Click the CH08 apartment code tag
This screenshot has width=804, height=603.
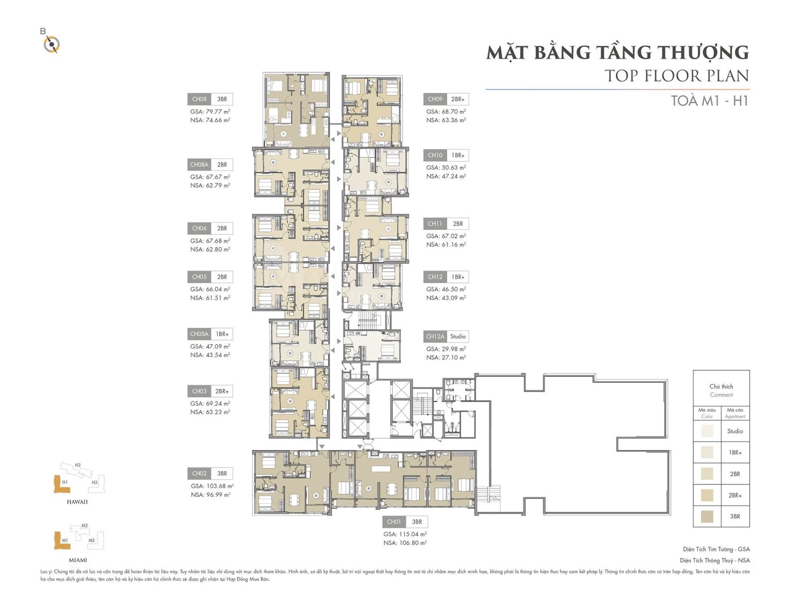coord(199,99)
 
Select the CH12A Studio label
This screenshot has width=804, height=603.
coord(446,337)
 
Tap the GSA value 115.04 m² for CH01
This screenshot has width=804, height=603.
coord(405,534)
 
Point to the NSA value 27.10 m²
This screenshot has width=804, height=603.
coord(446,358)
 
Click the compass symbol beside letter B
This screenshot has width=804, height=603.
coord(51,44)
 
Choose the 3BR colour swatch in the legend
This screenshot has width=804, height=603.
coord(707,517)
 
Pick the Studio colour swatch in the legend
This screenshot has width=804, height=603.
coord(707,431)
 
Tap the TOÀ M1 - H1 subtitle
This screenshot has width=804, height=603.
coord(709,101)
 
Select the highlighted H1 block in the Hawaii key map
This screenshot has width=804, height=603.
coord(62,485)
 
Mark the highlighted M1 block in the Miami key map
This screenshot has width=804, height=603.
coord(62,540)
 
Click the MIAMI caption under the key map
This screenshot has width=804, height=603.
coord(78,560)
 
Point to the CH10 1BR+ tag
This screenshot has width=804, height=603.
coord(446,155)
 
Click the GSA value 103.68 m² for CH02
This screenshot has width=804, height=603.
coord(212,486)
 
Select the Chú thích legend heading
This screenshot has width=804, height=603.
coord(721,386)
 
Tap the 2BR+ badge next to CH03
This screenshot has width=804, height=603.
coord(222,391)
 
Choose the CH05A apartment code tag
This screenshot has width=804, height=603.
coord(199,334)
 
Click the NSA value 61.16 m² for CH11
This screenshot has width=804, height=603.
coord(446,244)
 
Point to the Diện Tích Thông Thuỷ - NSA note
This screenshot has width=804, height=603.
coord(714,560)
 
